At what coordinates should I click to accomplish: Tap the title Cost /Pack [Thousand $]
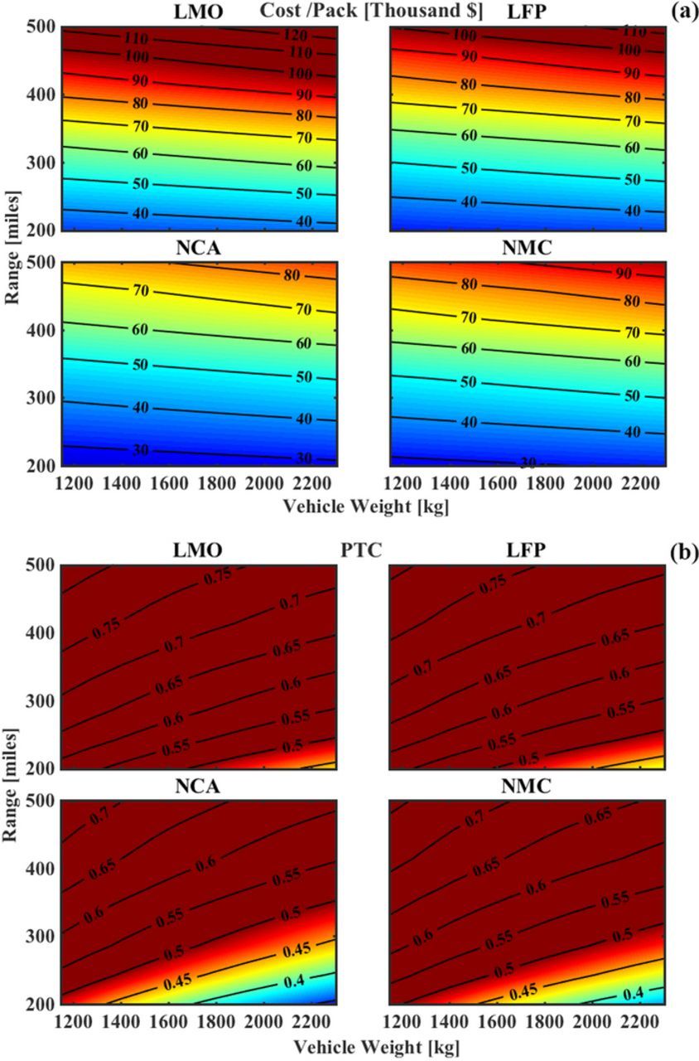372,11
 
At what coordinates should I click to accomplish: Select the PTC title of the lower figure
361,550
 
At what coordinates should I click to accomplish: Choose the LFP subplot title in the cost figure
528,12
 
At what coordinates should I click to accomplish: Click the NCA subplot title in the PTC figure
199,786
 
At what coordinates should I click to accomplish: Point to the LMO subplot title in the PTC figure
199,551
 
